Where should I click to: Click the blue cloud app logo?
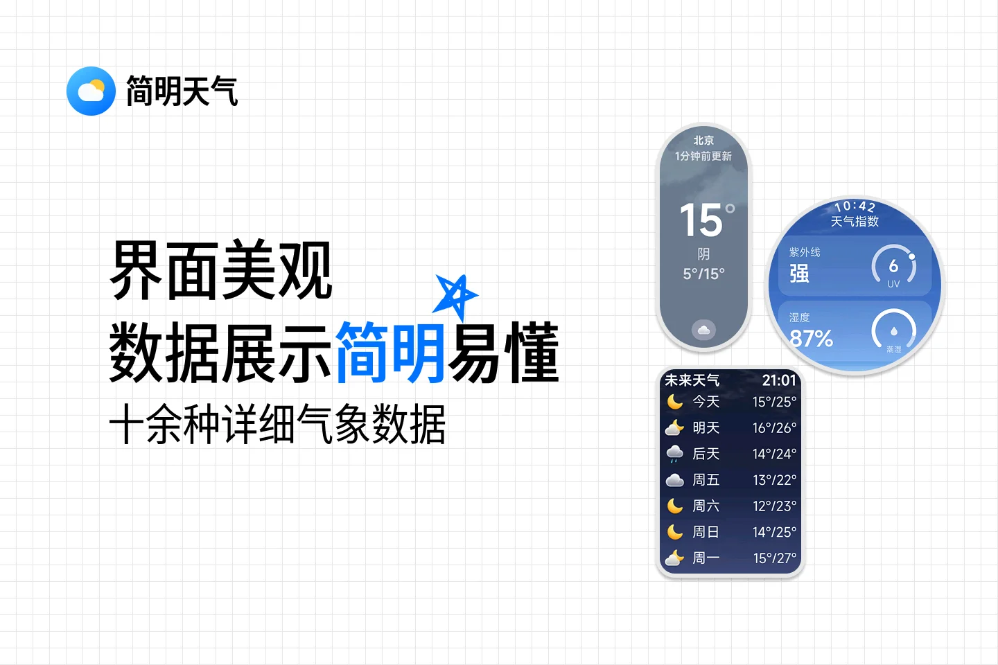pyautogui.click(x=91, y=91)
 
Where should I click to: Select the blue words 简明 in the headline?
pyautogui.click(x=390, y=352)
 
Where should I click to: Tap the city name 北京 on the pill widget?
pyautogui.click(x=703, y=141)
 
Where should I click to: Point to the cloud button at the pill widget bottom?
pyautogui.click(x=703, y=330)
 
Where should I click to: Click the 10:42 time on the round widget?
pyautogui.click(x=855, y=206)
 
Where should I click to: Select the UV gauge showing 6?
pyautogui.click(x=893, y=267)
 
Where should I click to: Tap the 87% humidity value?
pyautogui.click(x=811, y=339)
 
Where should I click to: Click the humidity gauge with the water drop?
pyautogui.click(x=893, y=332)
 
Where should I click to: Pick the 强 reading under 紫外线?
pyautogui.click(x=799, y=274)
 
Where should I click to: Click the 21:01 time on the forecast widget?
pyautogui.click(x=779, y=380)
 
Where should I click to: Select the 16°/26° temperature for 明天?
pyautogui.click(x=774, y=428)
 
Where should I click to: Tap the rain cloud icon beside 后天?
pyautogui.click(x=674, y=454)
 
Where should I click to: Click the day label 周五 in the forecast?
pyautogui.click(x=706, y=480)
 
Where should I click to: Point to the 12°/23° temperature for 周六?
pyautogui.click(x=774, y=506)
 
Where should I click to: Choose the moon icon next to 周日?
pyautogui.click(x=674, y=532)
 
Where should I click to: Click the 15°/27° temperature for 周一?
pyautogui.click(x=774, y=558)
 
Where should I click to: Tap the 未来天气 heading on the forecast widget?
pyautogui.click(x=692, y=380)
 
